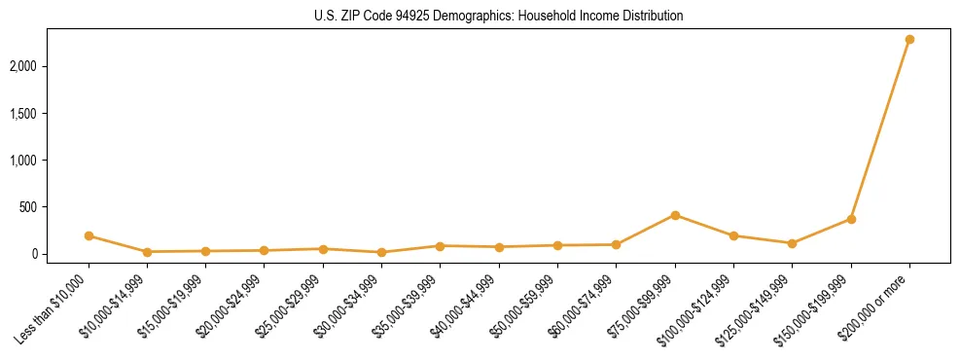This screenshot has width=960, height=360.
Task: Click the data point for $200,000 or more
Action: point(909,40)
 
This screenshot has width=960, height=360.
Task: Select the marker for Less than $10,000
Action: point(89,235)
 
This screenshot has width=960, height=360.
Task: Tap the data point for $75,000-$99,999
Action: point(675,215)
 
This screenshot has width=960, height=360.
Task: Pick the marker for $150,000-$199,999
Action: point(851,219)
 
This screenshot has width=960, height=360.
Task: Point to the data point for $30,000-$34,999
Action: point(381,252)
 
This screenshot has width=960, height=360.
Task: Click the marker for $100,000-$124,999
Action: point(733,235)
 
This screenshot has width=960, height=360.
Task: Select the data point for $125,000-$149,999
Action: point(792,243)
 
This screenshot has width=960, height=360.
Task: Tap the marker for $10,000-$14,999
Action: point(147,252)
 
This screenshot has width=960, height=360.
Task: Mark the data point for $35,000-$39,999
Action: point(441,246)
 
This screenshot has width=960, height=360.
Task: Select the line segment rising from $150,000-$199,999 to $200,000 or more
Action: point(880,129)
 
